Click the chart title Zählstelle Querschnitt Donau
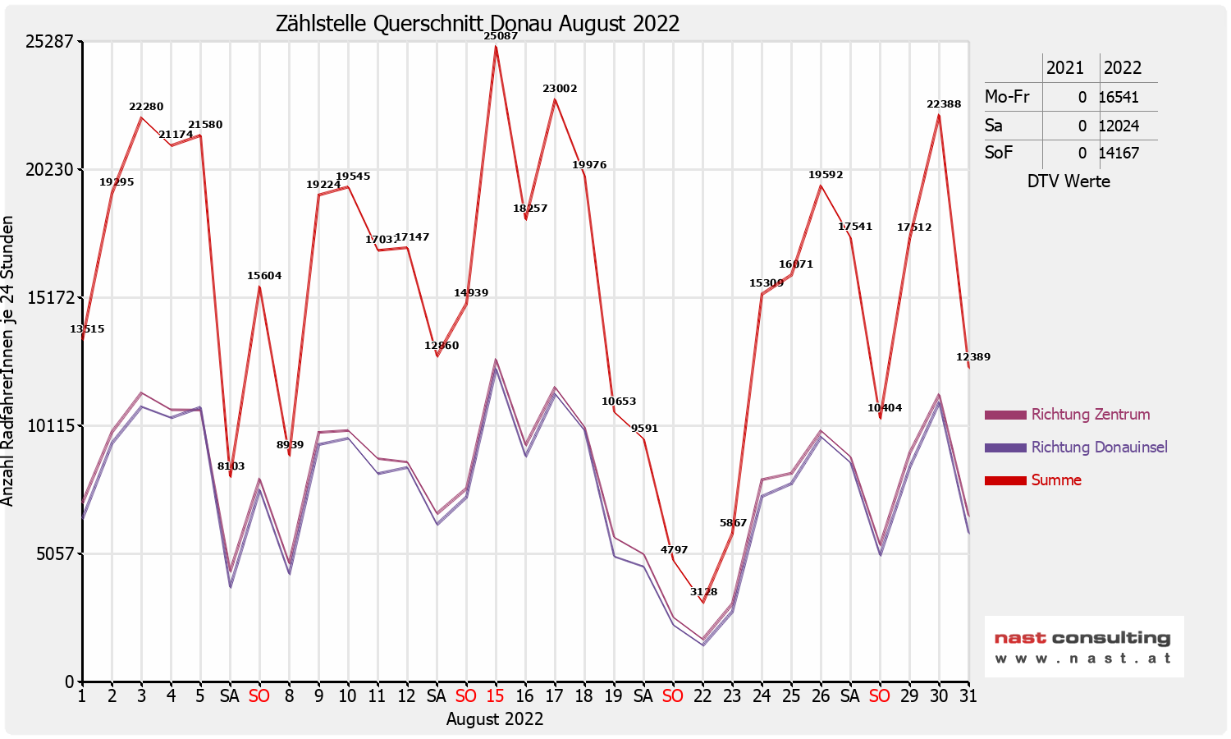[x=478, y=23]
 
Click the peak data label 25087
[x=501, y=36]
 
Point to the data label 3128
[x=703, y=592]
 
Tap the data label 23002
[x=560, y=89]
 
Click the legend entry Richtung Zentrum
[x=1090, y=415]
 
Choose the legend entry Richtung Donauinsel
[x=1099, y=448]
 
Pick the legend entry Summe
[x=1056, y=480]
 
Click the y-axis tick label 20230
[x=50, y=170]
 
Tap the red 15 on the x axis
[x=495, y=696]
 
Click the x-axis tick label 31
[x=968, y=696]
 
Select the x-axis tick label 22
[x=702, y=696]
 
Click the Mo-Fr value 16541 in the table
[x=1119, y=97]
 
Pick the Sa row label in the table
[x=994, y=126]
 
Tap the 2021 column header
[x=1065, y=68]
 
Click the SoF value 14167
[x=1119, y=153]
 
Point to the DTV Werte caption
[x=1069, y=181]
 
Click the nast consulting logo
[x=1083, y=647]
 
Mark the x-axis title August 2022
[x=495, y=719]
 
